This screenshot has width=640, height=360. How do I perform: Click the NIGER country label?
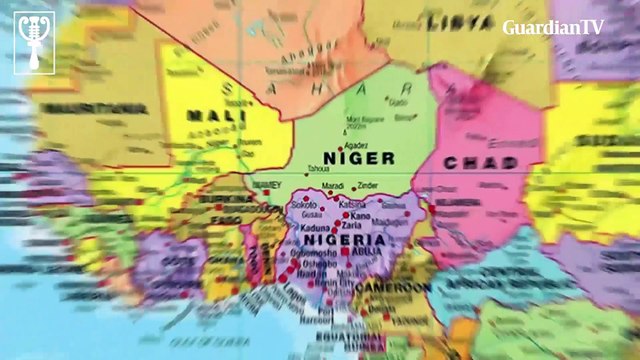(359, 157)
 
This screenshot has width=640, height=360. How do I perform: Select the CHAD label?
(480, 163)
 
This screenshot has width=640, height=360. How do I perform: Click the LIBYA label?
(460, 21)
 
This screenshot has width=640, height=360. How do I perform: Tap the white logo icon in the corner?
(34, 41)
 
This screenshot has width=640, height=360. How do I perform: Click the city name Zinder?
(369, 186)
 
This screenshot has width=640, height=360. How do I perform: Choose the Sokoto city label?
(303, 203)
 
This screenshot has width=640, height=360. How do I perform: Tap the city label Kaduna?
(302, 228)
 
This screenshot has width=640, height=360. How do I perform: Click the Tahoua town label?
(318, 168)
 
